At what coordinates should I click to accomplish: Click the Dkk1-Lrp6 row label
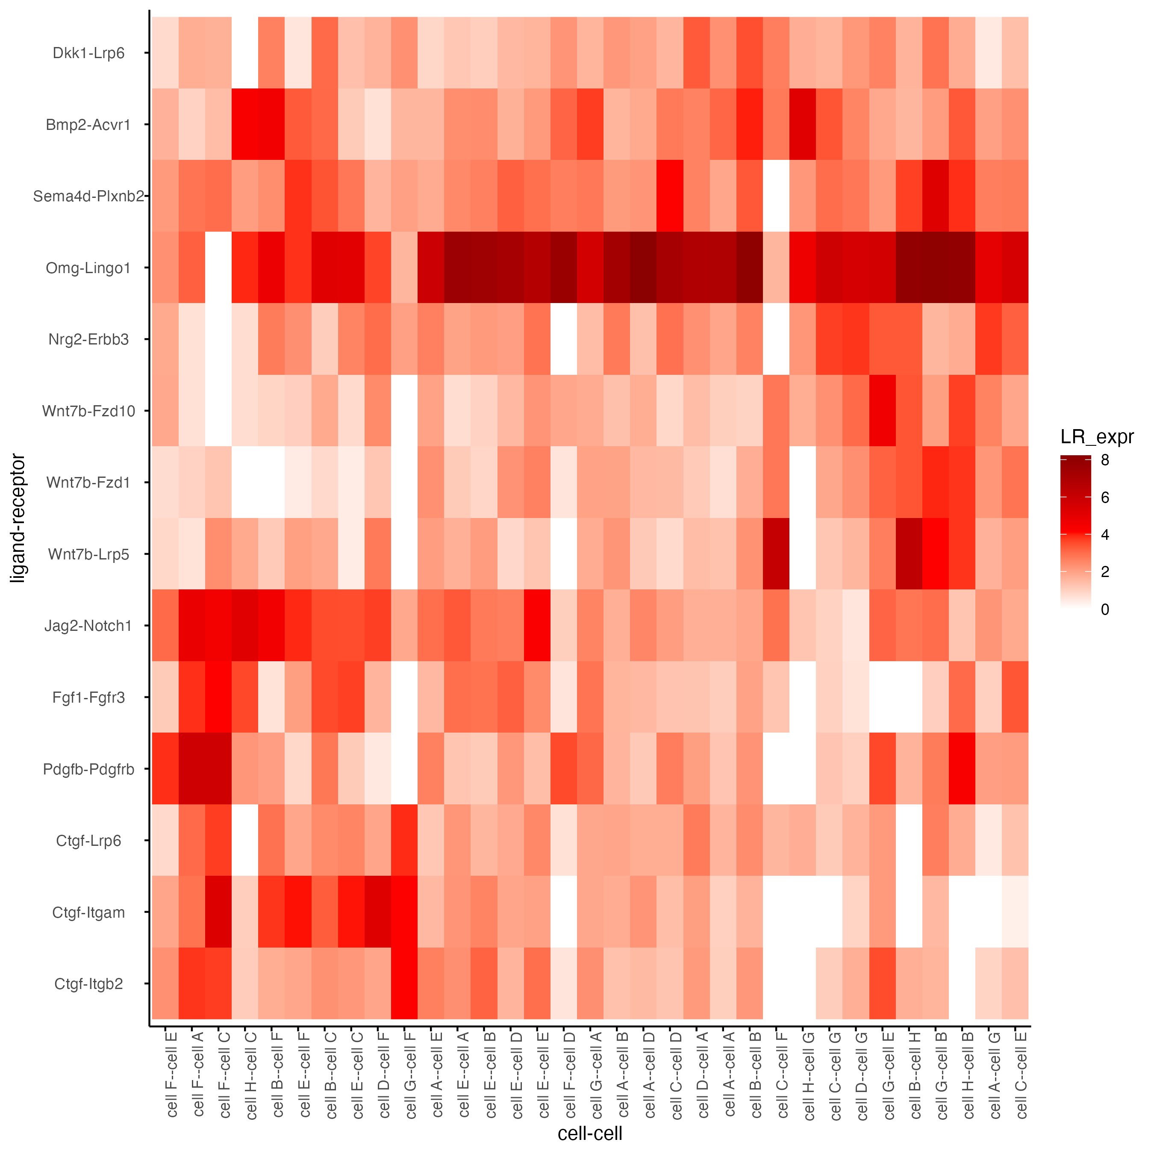pos(88,53)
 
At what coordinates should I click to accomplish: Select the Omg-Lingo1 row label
pos(88,268)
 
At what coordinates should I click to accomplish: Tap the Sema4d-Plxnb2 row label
pos(88,197)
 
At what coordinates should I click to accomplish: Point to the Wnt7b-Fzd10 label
pos(88,411)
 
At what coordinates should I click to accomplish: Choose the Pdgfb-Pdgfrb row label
pos(88,769)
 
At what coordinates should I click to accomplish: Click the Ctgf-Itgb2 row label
pos(88,984)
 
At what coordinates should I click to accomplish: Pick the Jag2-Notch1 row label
pos(88,626)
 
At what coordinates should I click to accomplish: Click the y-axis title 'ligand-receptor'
pos(18,518)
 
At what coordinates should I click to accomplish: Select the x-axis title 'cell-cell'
pos(589,1133)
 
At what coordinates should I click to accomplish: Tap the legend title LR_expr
pos(1097,437)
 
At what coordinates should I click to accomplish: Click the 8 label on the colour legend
pos(1105,460)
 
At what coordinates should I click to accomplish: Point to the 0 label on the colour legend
pos(1105,609)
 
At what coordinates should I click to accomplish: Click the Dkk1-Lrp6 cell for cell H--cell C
pos(245,53)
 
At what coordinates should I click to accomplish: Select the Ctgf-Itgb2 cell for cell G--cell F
pos(404,984)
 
